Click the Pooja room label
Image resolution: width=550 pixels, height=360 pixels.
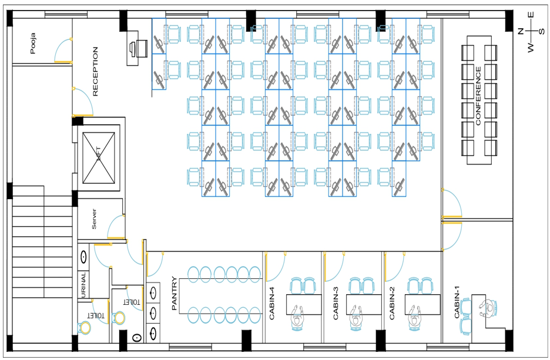coord(33,43)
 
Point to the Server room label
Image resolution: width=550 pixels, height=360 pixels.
coord(93,219)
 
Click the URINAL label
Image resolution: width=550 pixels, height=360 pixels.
coord(84,285)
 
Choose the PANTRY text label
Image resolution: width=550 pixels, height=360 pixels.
coord(174,293)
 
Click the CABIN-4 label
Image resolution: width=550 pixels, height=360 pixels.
coord(271,303)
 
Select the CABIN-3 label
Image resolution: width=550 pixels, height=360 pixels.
coord(336,303)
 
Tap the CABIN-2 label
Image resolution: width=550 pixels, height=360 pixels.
coord(393,303)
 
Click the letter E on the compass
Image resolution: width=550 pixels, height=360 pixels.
coord(530,15)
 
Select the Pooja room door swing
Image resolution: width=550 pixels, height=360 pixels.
coord(62,52)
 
